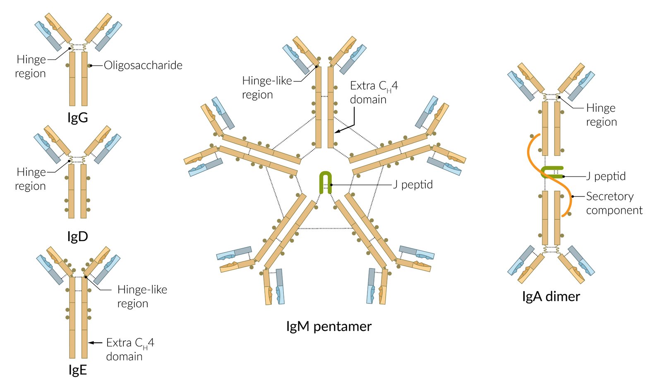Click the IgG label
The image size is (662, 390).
click(78, 118)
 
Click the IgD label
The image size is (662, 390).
click(78, 237)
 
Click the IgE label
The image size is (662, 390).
click(78, 370)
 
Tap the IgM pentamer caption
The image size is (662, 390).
click(329, 326)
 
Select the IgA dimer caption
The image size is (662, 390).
click(551, 297)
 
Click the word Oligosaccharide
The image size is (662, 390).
click(143, 65)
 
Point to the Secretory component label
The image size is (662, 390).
click(614, 203)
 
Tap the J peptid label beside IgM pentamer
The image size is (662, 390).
click(413, 184)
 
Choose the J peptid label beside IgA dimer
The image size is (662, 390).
click(606, 176)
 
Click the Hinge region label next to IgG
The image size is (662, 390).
click(31, 66)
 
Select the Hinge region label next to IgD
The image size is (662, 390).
click(31, 179)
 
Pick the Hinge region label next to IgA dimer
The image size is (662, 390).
click(601, 115)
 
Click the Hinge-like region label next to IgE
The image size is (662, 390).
click(142, 296)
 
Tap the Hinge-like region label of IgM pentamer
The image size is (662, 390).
click(267, 87)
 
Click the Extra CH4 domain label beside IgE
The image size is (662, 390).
click(130, 349)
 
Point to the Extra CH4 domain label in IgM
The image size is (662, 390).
click(374, 92)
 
